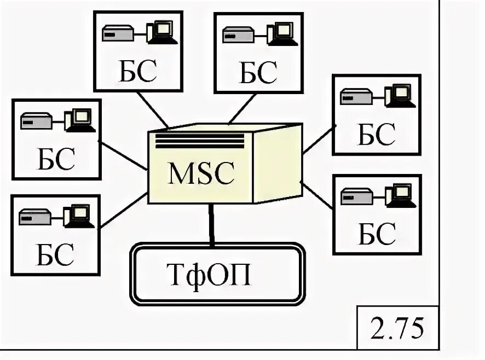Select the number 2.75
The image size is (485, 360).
(x=397, y=328)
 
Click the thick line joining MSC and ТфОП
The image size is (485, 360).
(x=211, y=224)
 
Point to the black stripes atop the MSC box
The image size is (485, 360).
(x=200, y=141)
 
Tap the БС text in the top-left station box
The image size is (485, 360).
(x=138, y=73)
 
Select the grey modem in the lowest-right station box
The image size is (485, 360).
(x=356, y=196)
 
